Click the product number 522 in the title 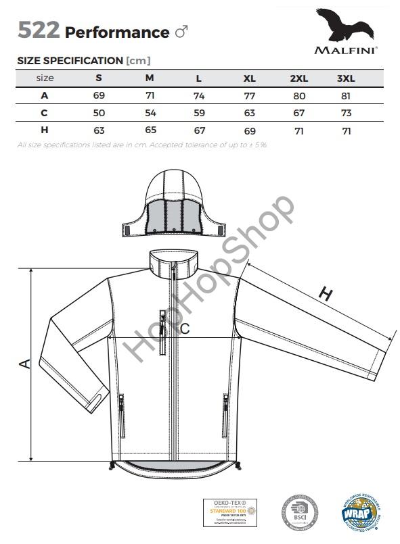(x=39, y=31)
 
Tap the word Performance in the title (x=117, y=32)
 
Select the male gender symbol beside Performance (x=181, y=32)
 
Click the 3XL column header (x=346, y=78)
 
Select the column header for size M (x=150, y=78)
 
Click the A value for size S (x=99, y=95)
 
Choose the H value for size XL (x=249, y=130)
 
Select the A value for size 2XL (x=298, y=95)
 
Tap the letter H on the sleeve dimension (x=326, y=294)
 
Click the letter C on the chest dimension (x=184, y=329)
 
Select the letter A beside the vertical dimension (x=24, y=364)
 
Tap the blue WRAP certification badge (x=358, y=516)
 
